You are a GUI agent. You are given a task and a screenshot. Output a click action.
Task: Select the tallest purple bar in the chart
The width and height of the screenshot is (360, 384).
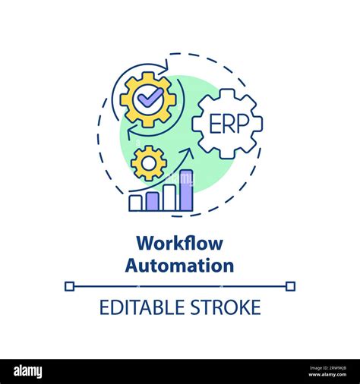click(x=186, y=190)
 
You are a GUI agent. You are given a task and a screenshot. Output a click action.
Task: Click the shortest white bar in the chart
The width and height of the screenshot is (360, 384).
click(x=136, y=203)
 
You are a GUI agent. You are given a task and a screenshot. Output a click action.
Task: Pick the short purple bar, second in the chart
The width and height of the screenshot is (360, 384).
click(x=152, y=201)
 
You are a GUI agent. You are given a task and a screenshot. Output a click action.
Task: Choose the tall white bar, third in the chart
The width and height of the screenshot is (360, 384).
click(x=169, y=197)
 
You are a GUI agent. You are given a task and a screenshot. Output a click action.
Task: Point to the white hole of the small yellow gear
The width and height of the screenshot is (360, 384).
click(x=149, y=162)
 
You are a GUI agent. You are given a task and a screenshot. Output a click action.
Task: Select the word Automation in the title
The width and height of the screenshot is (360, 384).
click(x=180, y=266)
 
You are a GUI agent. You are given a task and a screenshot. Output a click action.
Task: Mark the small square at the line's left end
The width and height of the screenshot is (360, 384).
click(x=69, y=286)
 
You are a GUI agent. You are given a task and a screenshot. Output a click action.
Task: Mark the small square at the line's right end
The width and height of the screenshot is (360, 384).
click(x=291, y=286)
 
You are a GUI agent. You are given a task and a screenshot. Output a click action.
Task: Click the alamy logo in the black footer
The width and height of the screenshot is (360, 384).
click(x=28, y=371)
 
